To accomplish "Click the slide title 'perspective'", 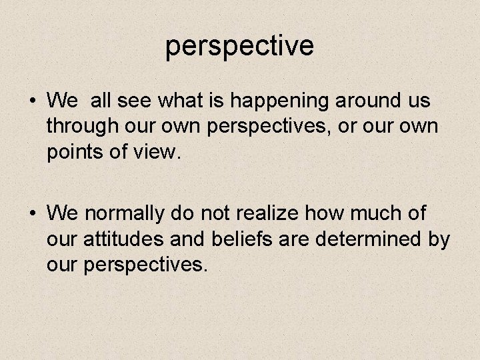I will click(x=239, y=45).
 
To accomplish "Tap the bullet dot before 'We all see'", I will click(x=32, y=103).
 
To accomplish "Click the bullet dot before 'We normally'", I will click(x=32, y=214).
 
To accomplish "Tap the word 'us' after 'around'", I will click(x=417, y=102).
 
